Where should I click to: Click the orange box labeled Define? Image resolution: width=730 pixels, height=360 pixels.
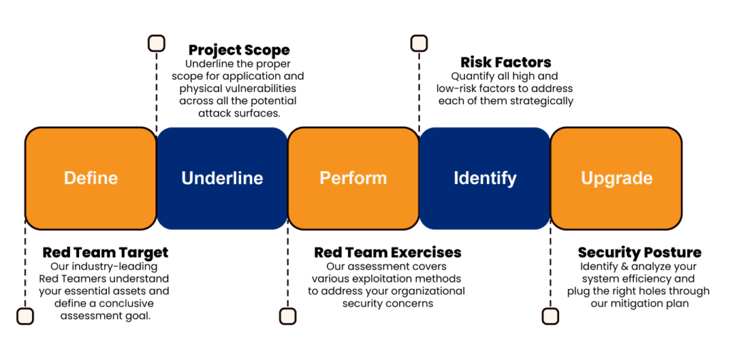pyautogui.click(x=91, y=178)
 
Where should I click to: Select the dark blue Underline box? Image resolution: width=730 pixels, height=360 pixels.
pyautogui.click(x=222, y=178)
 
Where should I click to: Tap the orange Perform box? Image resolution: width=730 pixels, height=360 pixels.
pyautogui.click(x=353, y=178)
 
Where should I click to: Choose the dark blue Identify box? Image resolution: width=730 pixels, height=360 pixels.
pyautogui.click(x=485, y=178)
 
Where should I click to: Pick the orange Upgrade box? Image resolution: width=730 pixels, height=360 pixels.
pyautogui.click(x=616, y=178)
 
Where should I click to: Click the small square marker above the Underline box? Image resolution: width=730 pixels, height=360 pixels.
pyautogui.click(x=156, y=43)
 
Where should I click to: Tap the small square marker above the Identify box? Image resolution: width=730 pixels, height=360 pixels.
pyautogui.click(x=419, y=43)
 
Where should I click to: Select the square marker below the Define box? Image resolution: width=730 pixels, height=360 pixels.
pyautogui.click(x=25, y=317)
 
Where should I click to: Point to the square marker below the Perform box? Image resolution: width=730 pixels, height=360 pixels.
pyautogui.click(x=287, y=317)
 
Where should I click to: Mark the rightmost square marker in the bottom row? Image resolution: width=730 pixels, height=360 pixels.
pyautogui.click(x=550, y=317)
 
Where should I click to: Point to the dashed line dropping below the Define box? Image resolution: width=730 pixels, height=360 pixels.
pyautogui.click(x=25, y=271)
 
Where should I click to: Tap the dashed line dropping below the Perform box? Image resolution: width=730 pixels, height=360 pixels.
pyautogui.click(x=287, y=271)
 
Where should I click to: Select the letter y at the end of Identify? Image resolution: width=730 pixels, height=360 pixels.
pyautogui.click(x=511, y=180)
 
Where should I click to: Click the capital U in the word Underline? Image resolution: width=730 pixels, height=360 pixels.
pyautogui.click(x=187, y=178)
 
